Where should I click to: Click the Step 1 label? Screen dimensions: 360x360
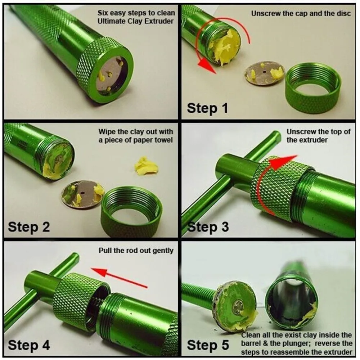(207, 108)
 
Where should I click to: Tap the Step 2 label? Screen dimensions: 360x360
(29, 227)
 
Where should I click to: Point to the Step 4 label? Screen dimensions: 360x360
(29, 345)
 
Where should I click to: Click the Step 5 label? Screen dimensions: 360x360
(208, 345)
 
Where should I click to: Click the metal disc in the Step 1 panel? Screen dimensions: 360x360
(263, 73)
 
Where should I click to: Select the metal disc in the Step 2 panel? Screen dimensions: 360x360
(83, 194)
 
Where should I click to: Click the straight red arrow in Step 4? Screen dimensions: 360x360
(119, 277)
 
